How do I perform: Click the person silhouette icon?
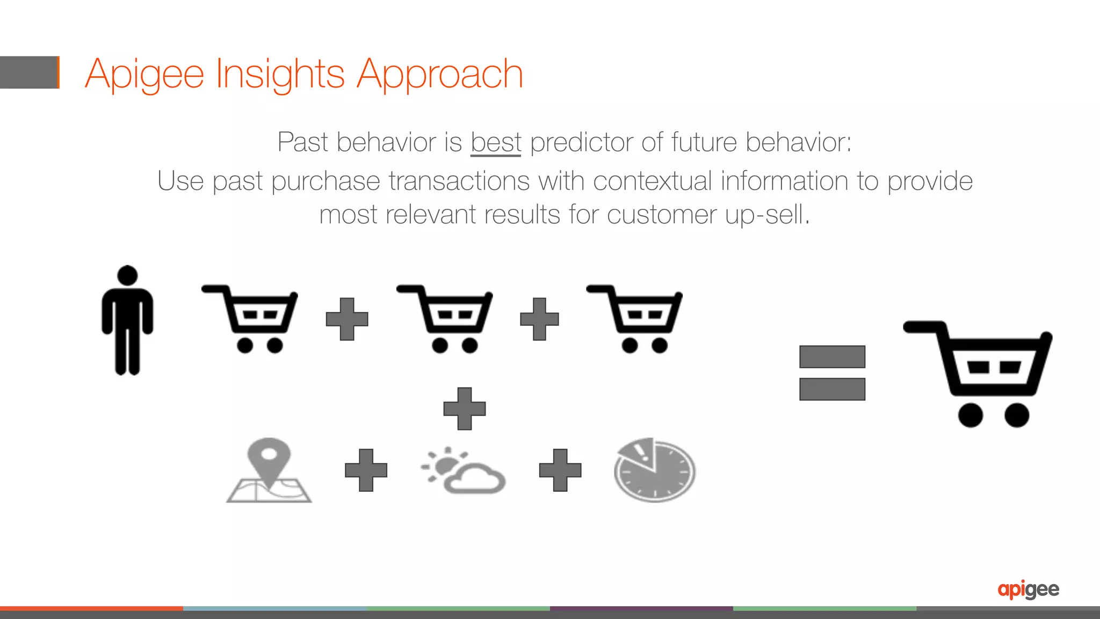click(x=127, y=322)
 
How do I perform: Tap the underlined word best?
click(x=496, y=143)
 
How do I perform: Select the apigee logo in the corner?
click(x=1028, y=589)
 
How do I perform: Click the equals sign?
click(x=832, y=373)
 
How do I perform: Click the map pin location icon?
click(x=269, y=470)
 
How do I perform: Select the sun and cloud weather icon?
click(x=463, y=470)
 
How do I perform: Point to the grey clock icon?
click(x=655, y=470)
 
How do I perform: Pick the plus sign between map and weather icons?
click(x=366, y=470)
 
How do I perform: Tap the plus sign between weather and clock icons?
click(x=560, y=470)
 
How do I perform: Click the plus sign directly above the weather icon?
click(x=465, y=409)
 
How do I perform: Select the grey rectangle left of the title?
click(x=29, y=72)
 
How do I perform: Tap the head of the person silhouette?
click(x=127, y=275)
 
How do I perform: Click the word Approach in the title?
click(x=439, y=74)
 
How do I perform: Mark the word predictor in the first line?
click(x=582, y=143)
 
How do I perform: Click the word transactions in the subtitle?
click(x=459, y=181)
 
